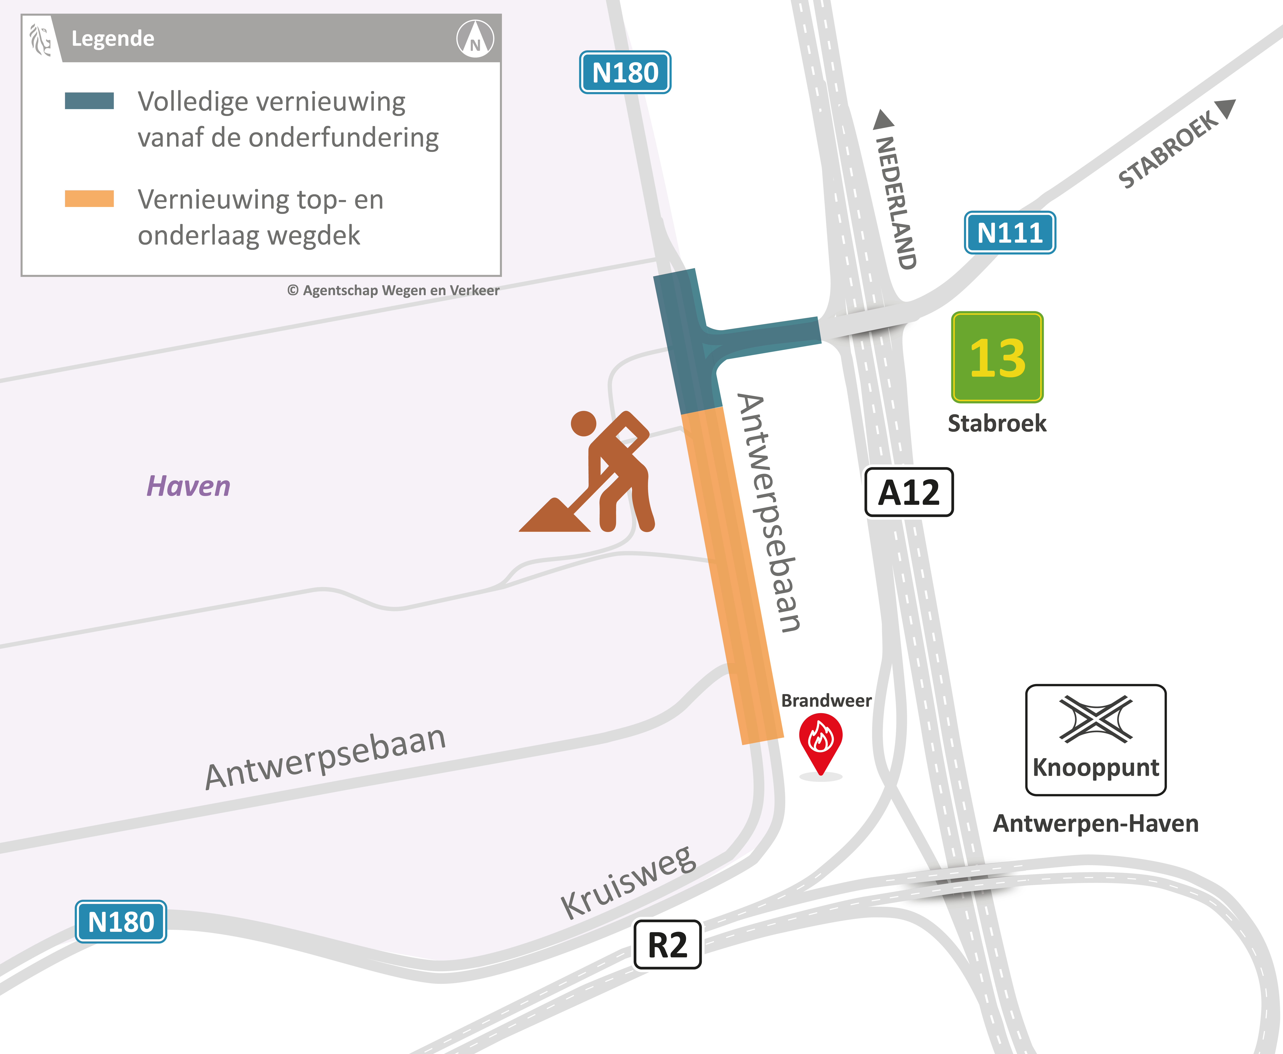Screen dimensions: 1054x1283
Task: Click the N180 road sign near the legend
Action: tap(625, 72)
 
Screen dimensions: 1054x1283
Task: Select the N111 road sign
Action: tap(1010, 233)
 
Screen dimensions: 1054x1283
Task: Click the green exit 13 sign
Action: tap(997, 357)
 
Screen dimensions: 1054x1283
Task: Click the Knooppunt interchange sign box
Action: tap(1095, 739)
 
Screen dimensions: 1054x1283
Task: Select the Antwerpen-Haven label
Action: tap(1095, 823)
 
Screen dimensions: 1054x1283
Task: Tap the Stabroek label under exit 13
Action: tap(997, 423)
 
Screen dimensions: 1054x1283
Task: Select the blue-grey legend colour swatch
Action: tap(89, 101)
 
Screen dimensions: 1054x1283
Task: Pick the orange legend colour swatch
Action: tap(89, 199)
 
